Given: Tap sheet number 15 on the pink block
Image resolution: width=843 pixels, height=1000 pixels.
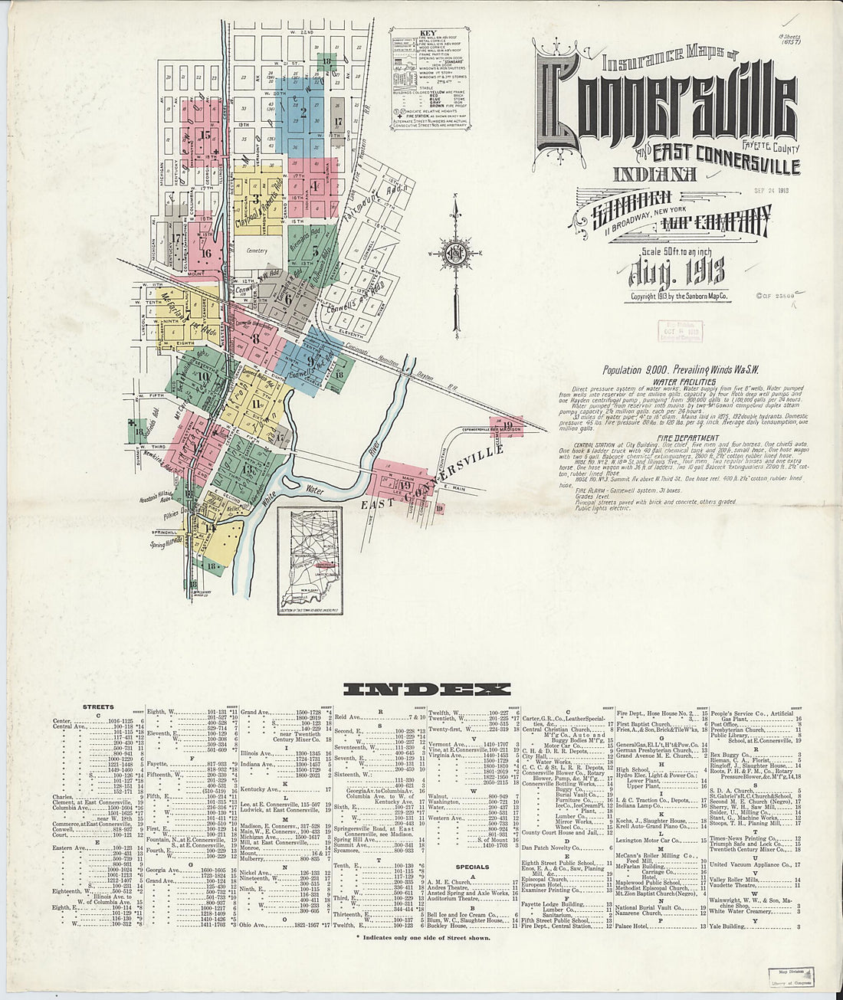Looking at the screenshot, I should pyautogui.click(x=204, y=135).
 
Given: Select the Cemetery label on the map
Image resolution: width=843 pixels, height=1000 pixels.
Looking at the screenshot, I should pyautogui.click(x=257, y=251).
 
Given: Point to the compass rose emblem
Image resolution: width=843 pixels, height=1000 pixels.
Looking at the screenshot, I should pyautogui.click(x=454, y=255).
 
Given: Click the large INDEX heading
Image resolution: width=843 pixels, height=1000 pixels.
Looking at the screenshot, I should pyautogui.click(x=426, y=689).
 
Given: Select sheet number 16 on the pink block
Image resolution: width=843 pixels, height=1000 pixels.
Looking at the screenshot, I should pyautogui.click(x=206, y=251).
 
